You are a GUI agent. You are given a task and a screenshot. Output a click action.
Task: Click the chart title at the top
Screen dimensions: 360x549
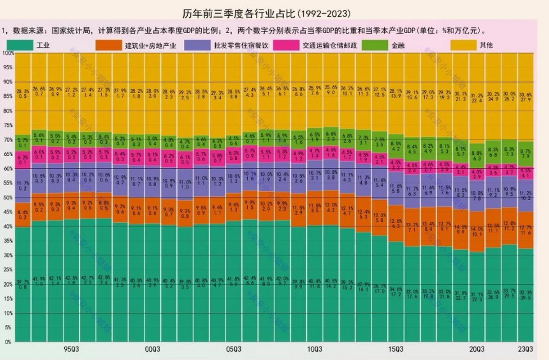[267, 13]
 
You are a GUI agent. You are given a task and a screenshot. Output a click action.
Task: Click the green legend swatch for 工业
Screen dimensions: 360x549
[20, 45]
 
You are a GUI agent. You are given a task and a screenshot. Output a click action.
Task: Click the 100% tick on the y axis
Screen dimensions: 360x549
[7, 53]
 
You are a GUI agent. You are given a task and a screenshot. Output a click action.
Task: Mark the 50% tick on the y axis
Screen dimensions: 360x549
[8, 198]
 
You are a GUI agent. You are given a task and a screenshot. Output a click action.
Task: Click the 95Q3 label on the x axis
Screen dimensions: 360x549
[72, 349]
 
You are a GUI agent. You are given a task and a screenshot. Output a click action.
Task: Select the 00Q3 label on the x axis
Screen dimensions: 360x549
[153, 349]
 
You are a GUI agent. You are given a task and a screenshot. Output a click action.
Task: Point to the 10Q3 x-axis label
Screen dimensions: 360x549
[315, 349]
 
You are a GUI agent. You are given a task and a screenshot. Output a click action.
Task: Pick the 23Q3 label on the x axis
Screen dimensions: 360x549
[526, 349]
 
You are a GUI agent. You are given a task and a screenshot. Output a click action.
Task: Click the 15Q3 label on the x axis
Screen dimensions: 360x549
[396, 349]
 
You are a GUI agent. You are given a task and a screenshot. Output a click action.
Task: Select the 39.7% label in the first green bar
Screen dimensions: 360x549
[23, 282]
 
